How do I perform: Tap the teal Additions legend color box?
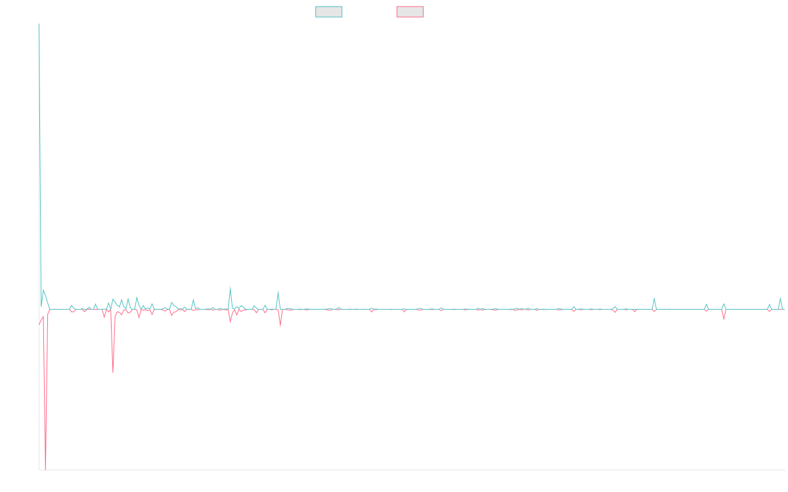tap(328, 12)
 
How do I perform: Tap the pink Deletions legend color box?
tap(410, 12)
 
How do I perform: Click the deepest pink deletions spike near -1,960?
tap(45, 467)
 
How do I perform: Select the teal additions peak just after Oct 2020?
tap(230, 287)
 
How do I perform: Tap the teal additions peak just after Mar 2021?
tap(278, 291)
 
